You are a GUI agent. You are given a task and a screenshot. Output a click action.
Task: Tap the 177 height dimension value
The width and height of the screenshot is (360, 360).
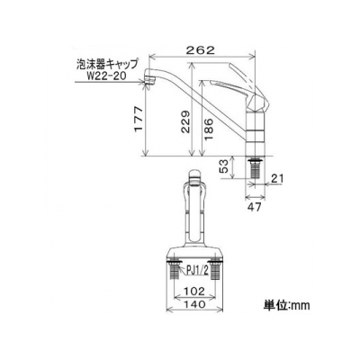pyautogui.click(x=138, y=119)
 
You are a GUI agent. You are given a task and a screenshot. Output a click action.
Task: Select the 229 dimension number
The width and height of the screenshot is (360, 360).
pyautogui.click(x=185, y=121)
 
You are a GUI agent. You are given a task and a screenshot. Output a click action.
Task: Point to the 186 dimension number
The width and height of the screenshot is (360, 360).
pyautogui.click(x=209, y=129)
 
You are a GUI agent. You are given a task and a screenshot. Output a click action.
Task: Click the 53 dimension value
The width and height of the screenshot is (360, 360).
pyautogui.click(x=225, y=166)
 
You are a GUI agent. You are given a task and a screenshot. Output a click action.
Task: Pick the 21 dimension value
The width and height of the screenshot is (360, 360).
pyautogui.click(x=276, y=178)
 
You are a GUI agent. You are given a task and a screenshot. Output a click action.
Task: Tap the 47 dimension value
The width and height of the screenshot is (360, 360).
pyautogui.click(x=255, y=207)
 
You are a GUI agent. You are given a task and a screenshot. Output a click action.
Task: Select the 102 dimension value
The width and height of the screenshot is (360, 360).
pyautogui.click(x=195, y=291)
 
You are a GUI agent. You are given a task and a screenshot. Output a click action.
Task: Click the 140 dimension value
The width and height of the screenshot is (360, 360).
pyautogui.click(x=194, y=304)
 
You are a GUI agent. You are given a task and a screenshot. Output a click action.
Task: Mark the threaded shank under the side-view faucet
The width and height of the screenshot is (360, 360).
pyautogui.click(x=256, y=168)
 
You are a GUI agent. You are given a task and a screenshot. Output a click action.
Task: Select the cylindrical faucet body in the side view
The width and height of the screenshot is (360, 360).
pyautogui.click(x=256, y=132)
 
